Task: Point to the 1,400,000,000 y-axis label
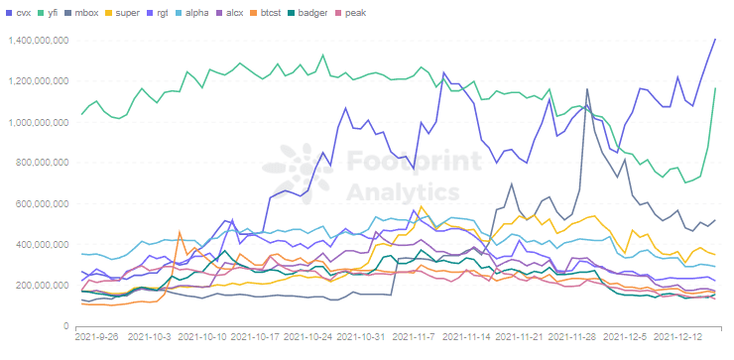click(37, 41)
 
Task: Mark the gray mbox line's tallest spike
click(587, 90)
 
